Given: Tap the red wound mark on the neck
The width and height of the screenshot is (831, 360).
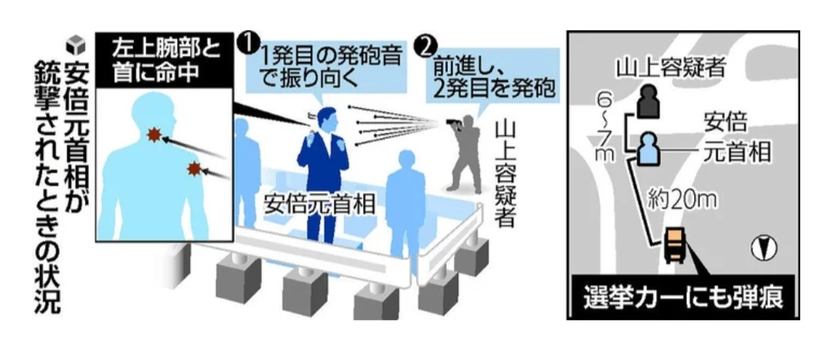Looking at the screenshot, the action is click(x=154, y=135).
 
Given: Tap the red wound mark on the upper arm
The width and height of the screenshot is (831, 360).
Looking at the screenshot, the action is click(x=195, y=168).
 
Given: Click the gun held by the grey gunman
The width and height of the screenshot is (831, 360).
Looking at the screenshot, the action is click(x=452, y=122).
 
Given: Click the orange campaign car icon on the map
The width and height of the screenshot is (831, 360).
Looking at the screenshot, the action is click(x=675, y=245).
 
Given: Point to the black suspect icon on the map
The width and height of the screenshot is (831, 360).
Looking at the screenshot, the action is click(x=648, y=102).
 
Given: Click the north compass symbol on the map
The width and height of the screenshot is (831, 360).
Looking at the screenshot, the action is click(x=763, y=248).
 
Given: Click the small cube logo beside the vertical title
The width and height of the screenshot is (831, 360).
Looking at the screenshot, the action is click(x=75, y=45).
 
